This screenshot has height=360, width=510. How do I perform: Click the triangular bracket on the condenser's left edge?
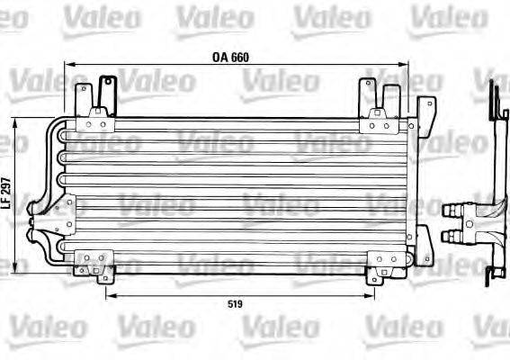click(63, 215)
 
